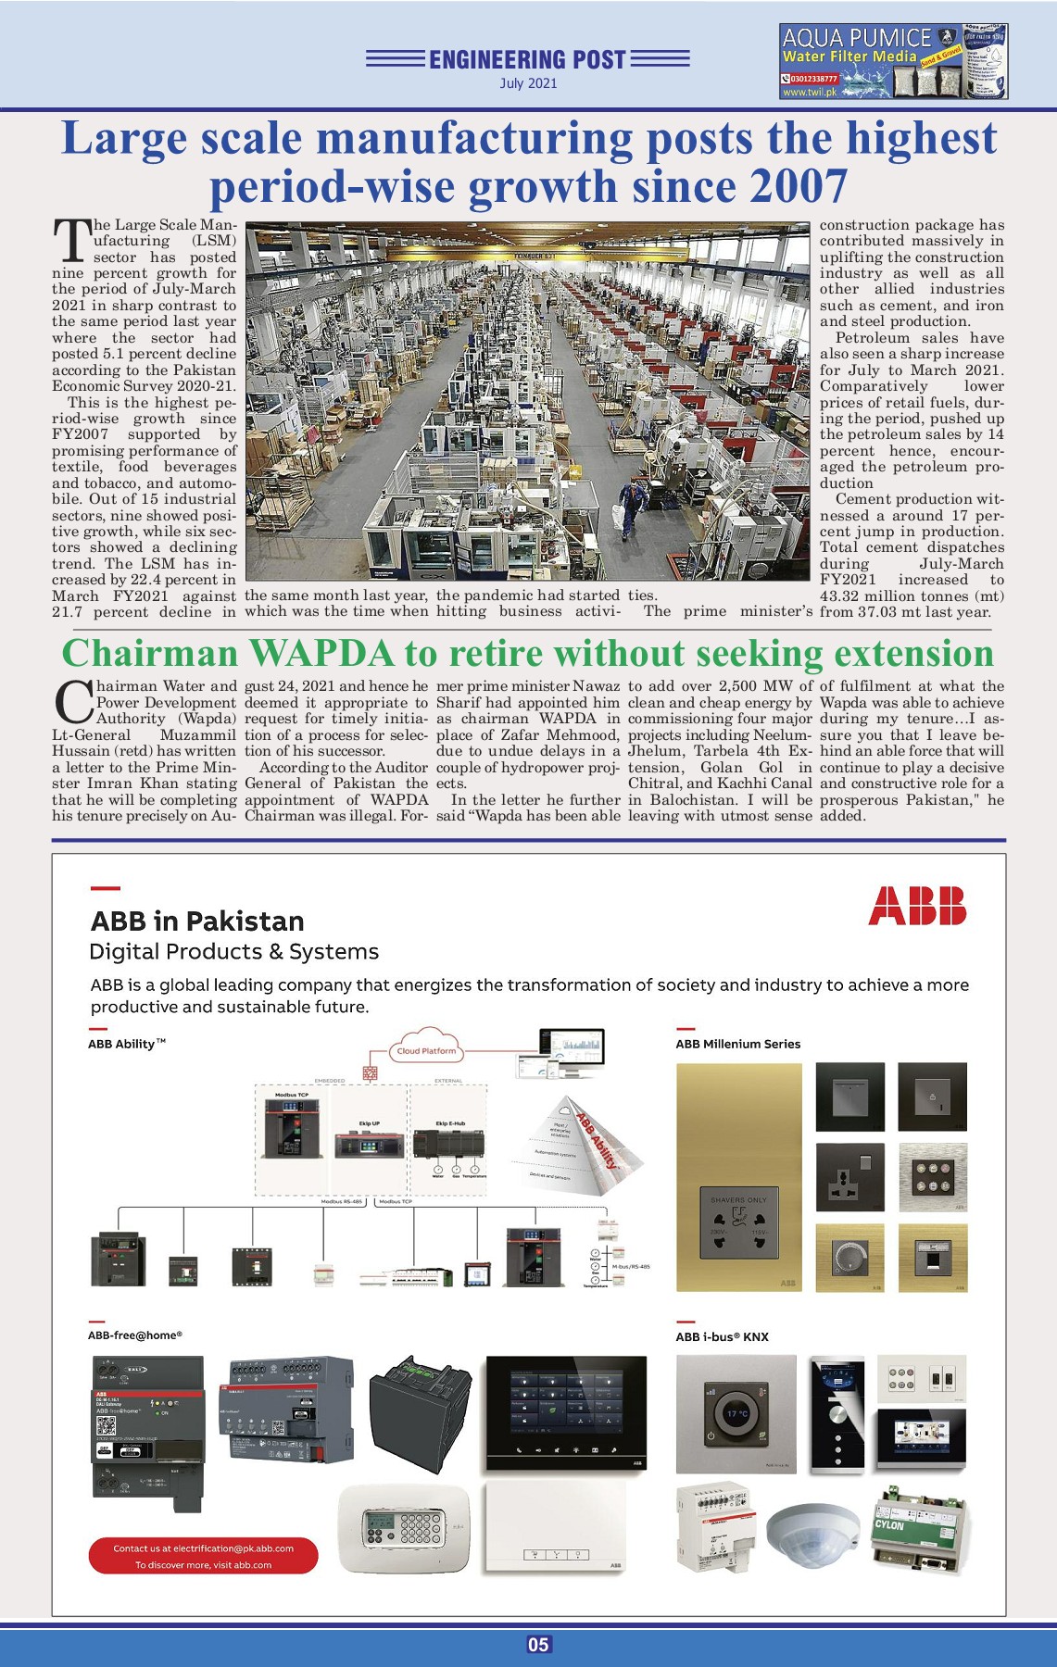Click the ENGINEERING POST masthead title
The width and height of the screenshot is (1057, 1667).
528,60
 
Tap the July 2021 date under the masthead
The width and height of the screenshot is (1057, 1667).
528,83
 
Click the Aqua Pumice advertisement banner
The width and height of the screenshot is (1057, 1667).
893,62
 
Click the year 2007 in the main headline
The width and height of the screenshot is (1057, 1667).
799,186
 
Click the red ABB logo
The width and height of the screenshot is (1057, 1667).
917,906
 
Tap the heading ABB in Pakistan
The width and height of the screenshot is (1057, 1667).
197,921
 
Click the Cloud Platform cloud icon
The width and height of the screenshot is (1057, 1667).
426,1047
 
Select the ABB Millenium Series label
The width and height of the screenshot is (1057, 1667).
737,1044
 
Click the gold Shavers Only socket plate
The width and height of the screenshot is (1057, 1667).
738,1177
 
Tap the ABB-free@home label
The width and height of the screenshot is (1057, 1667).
135,1335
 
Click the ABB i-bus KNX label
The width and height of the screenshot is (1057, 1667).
722,1336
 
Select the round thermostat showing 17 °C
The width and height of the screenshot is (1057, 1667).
736,1414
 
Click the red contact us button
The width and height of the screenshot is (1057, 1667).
203,1556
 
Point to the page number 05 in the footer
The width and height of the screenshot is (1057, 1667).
538,1645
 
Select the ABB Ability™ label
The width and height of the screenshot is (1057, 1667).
127,1044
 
